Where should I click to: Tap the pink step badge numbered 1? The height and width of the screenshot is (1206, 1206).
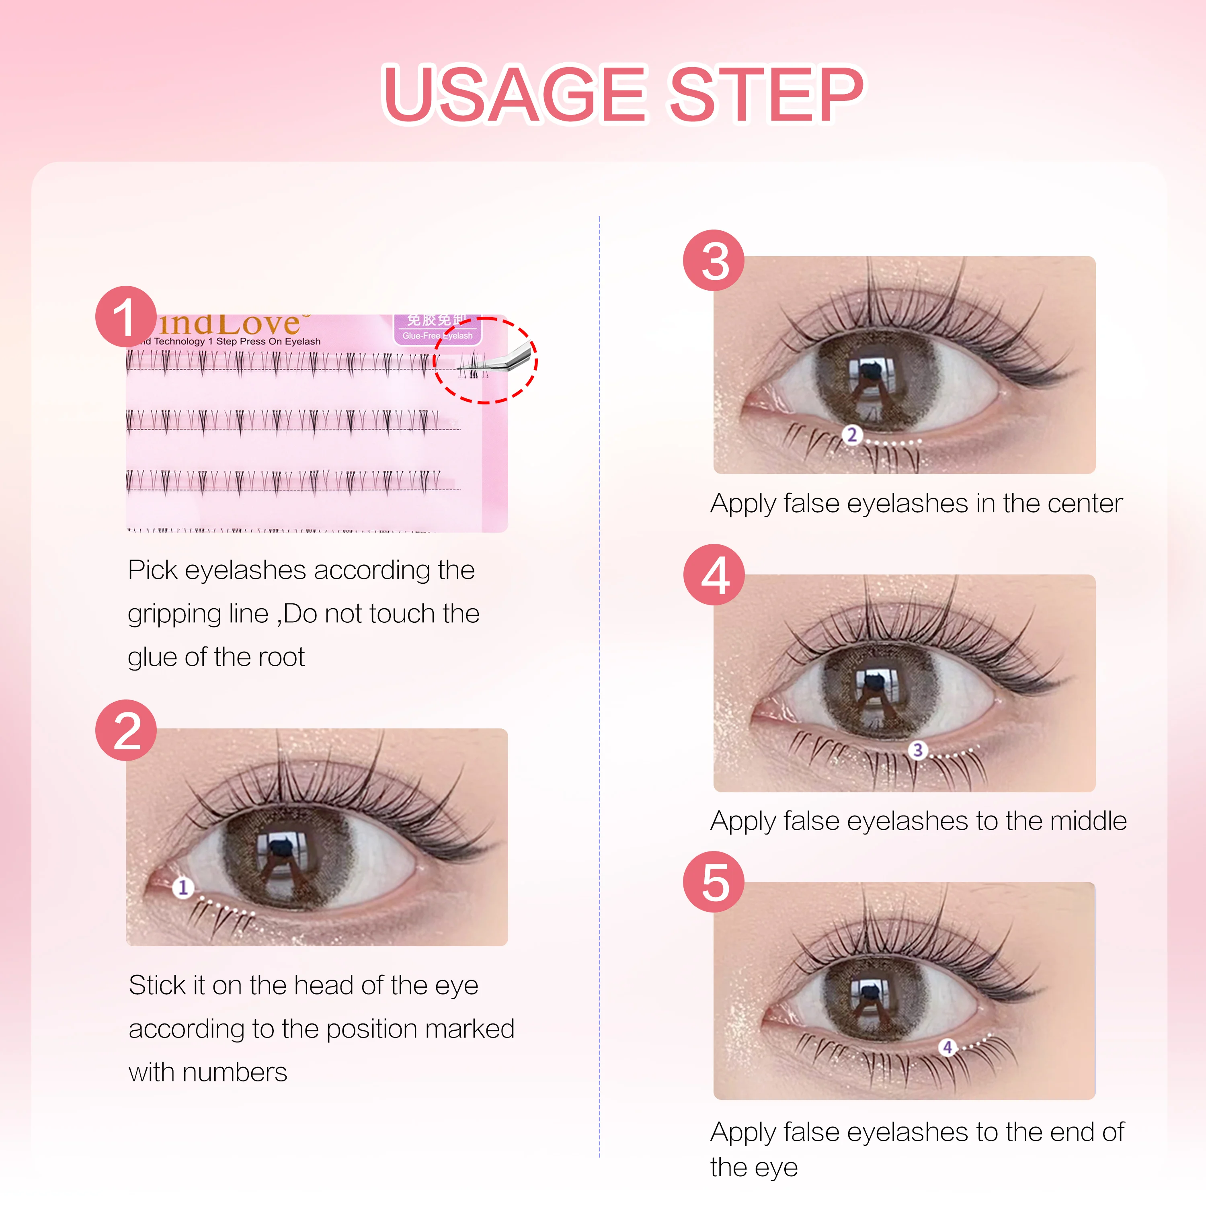pos(125,316)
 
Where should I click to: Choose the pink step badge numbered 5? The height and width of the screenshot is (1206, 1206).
pos(714,882)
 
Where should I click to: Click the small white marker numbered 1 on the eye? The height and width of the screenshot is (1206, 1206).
pos(183,887)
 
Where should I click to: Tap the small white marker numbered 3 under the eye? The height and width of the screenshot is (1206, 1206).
pos(918,750)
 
